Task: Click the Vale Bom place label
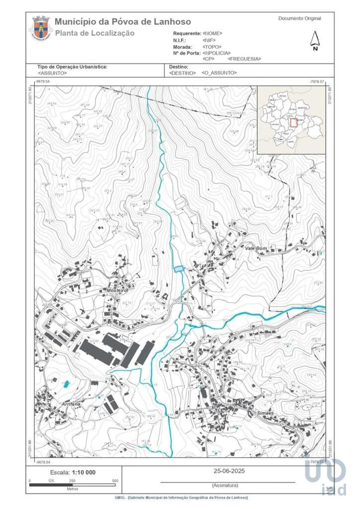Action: (x=256, y=248)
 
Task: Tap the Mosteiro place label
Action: (x=116, y=290)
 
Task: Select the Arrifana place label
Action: (x=71, y=404)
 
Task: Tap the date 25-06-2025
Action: (x=229, y=471)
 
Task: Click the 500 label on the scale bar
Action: (x=115, y=481)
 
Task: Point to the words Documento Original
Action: (x=300, y=18)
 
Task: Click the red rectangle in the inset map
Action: (x=294, y=122)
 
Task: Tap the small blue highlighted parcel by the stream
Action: (x=178, y=269)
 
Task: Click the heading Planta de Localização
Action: (x=95, y=33)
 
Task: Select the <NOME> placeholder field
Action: (x=212, y=34)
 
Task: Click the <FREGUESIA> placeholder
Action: (x=244, y=59)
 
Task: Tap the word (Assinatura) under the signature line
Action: (x=225, y=485)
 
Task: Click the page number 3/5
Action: (x=329, y=489)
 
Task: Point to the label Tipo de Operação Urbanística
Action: (x=72, y=67)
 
